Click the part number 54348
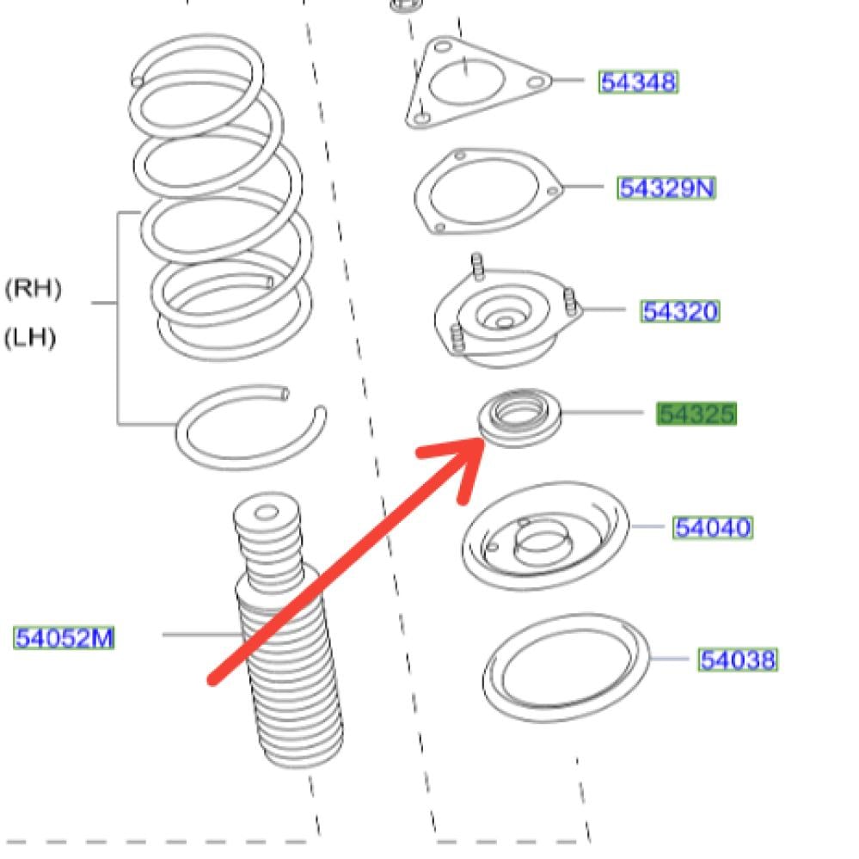(638, 83)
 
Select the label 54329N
(666, 187)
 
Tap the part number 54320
(679, 311)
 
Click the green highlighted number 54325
(696, 414)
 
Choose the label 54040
(712, 527)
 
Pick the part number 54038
(738, 660)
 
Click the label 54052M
(64, 638)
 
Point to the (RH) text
(34, 288)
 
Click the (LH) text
(30, 338)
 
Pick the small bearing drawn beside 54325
(519, 417)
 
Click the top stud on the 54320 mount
(478, 267)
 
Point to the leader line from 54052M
(202, 635)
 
